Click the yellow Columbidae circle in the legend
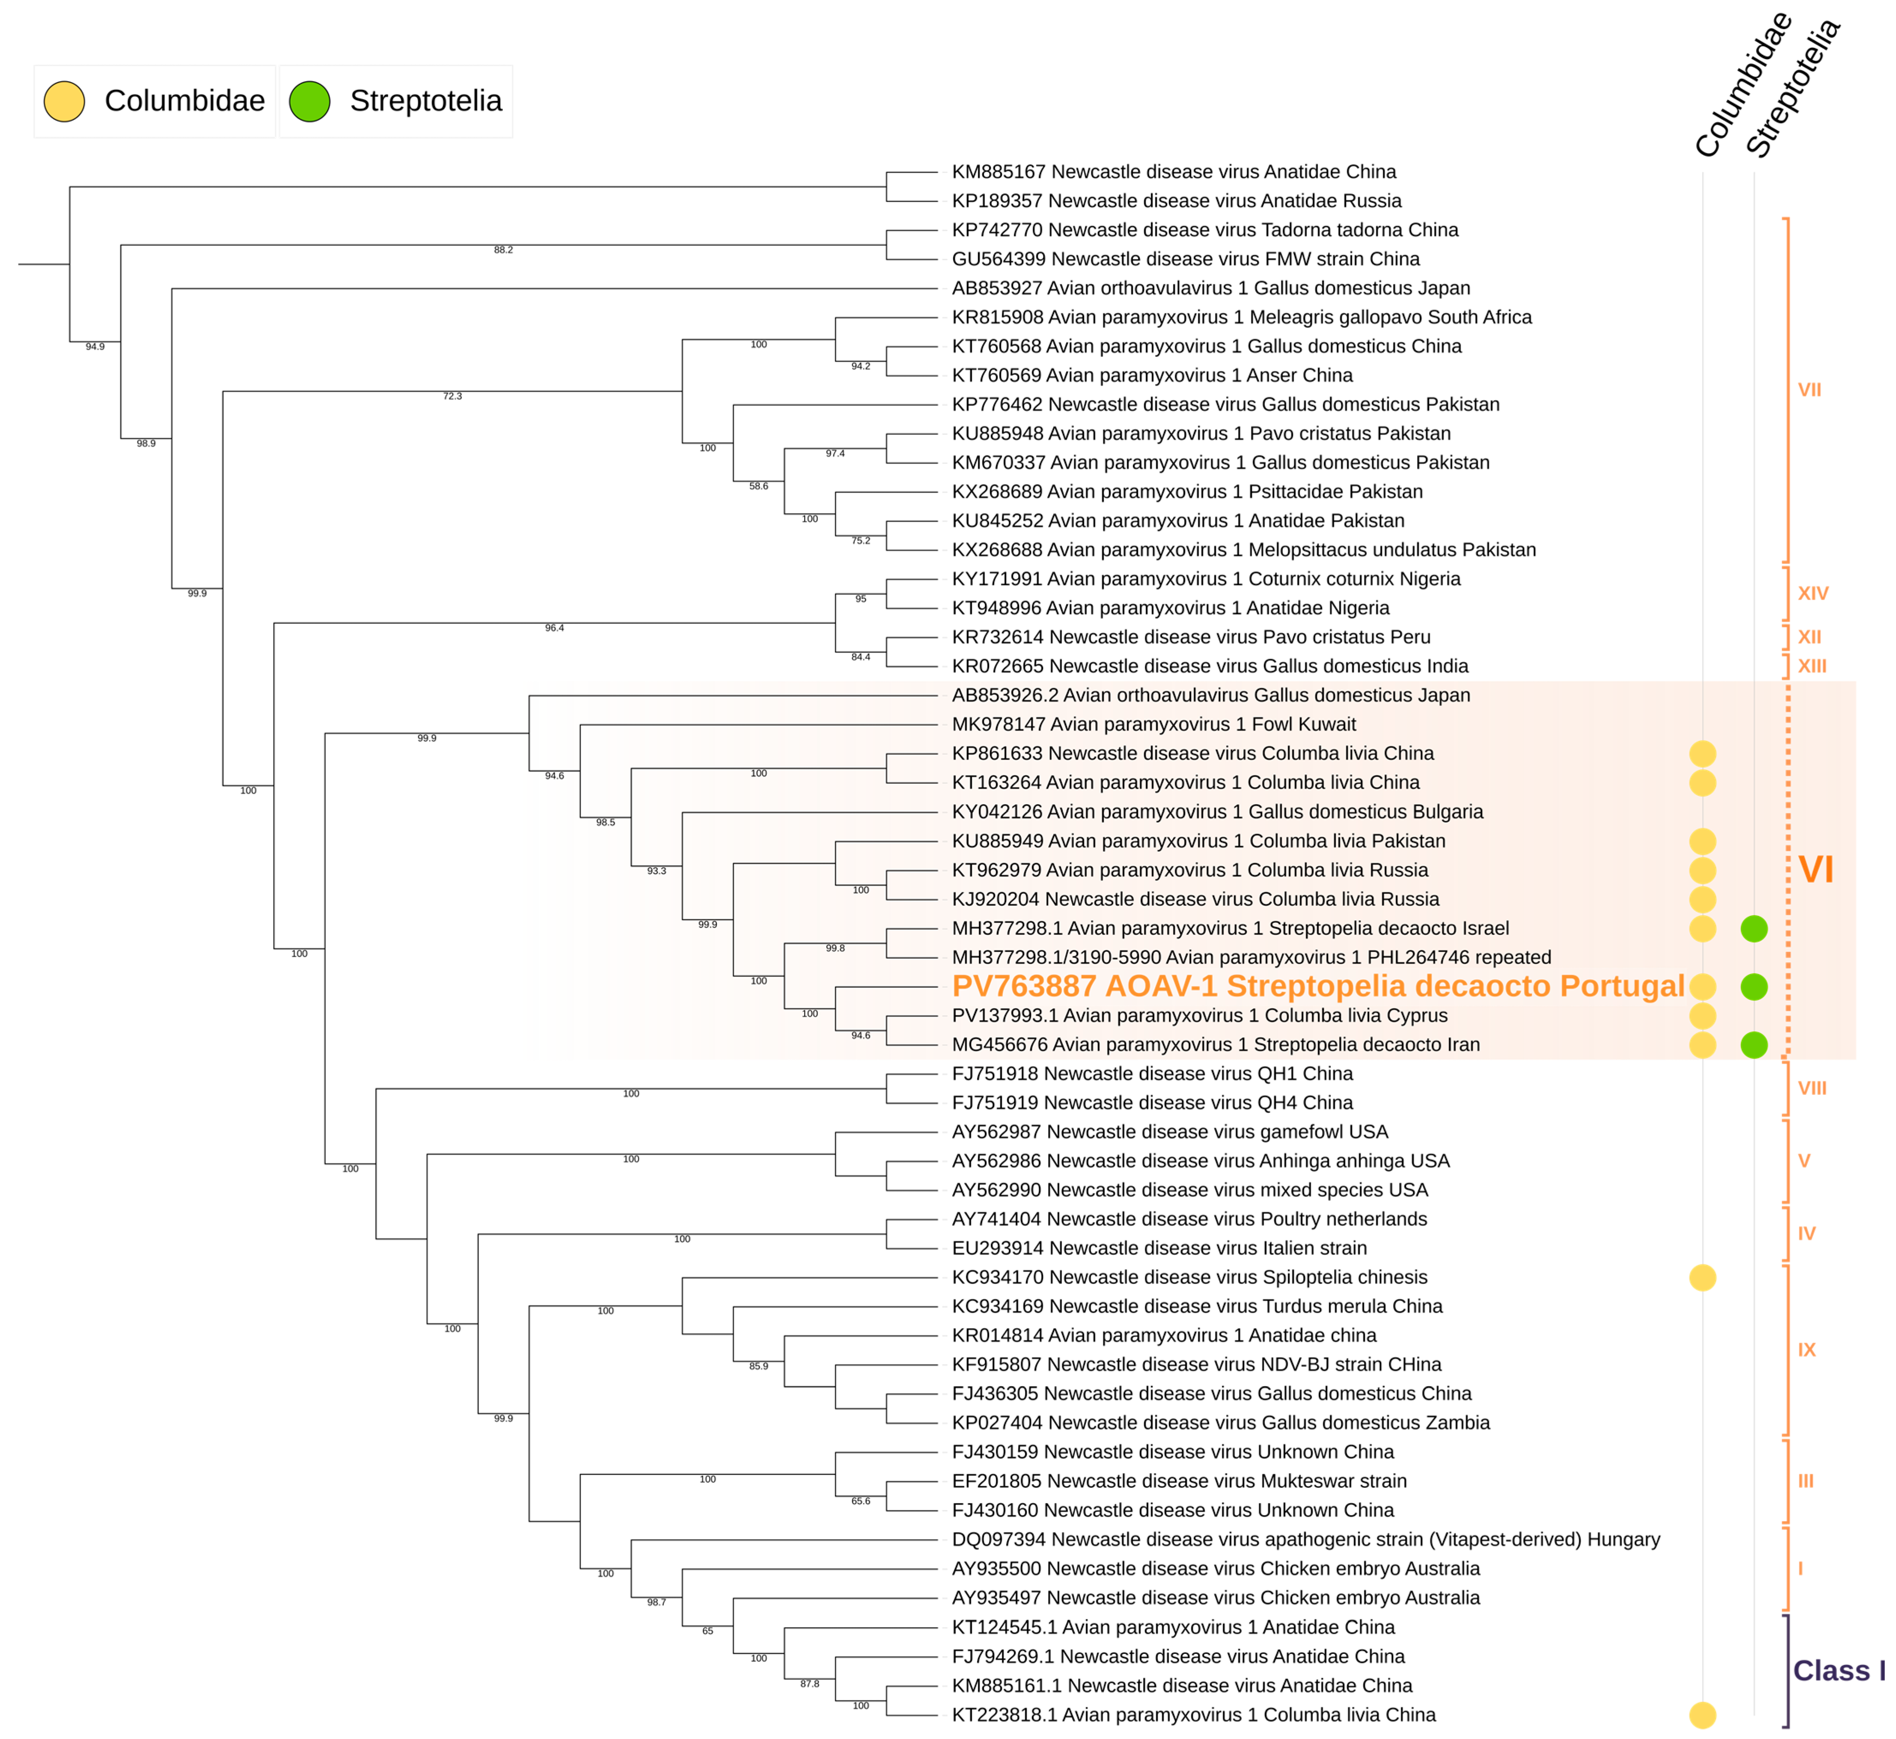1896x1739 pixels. pos(64,101)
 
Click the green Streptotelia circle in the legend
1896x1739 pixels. pos(309,101)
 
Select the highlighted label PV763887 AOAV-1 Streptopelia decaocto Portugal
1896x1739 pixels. pos(1317,986)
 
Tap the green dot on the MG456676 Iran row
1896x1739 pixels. pos(1754,1044)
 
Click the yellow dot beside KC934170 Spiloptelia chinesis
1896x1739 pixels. pos(1702,1277)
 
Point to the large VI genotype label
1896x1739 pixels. pos(1816,870)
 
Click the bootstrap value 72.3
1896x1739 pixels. pos(452,396)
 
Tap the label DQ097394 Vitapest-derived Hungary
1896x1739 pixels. pos(1305,1540)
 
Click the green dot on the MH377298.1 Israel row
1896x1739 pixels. pos(1754,929)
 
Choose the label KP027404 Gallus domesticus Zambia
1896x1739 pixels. pos(1220,1423)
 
